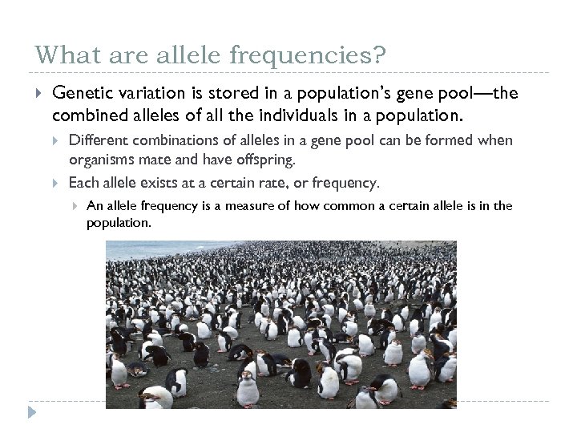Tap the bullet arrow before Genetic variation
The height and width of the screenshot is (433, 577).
pos(38,95)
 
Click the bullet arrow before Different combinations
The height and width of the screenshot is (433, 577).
pos(56,140)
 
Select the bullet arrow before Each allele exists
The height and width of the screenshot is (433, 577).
pos(56,183)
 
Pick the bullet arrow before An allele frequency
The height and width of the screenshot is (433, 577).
pos(75,206)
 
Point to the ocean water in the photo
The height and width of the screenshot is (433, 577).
pos(160,249)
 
